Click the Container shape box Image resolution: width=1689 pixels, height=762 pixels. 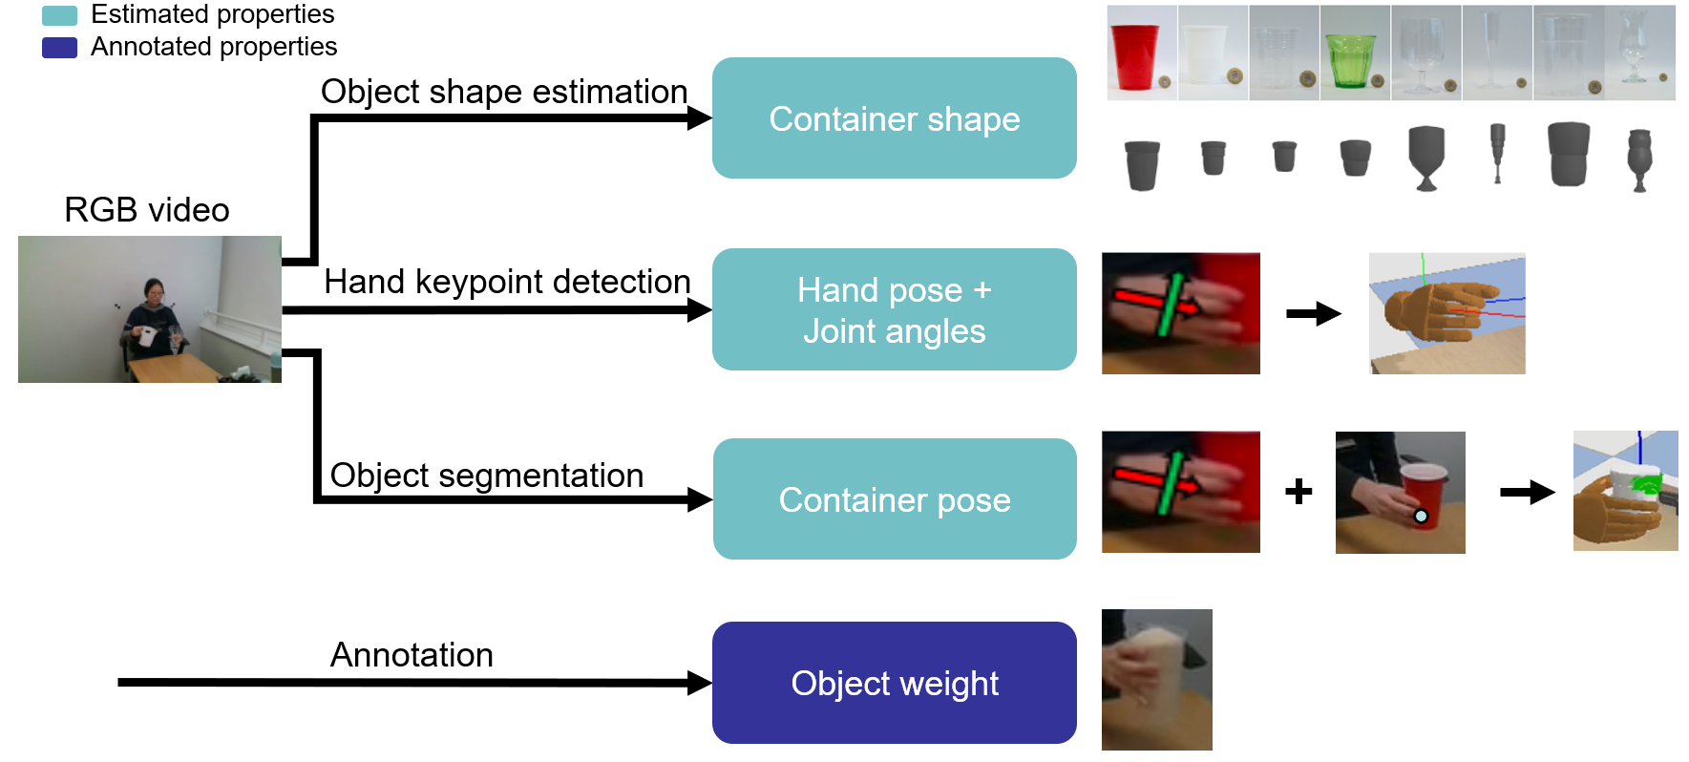[x=894, y=118]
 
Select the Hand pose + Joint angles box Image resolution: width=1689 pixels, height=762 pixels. [x=894, y=309]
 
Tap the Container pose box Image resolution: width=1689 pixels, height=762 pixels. [x=894, y=499]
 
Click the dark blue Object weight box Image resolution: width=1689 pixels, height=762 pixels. [x=894, y=683]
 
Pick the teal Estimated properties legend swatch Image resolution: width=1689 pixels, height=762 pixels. [x=59, y=15]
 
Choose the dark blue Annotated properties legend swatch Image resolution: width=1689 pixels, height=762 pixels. [x=59, y=48]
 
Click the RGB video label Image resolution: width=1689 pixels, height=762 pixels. [x=147, y=210]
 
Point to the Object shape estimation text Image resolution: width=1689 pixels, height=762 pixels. [x=504, y=92]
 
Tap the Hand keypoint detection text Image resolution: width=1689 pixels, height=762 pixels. [x=507, y=282]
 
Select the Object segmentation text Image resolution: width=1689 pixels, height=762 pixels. [x=486, y=476]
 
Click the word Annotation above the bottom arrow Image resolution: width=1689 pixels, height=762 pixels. [x=412, y=655]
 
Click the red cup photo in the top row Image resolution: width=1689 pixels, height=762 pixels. [x=1141, y=53]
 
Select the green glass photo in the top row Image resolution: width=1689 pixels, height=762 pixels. [x=1354, y=53]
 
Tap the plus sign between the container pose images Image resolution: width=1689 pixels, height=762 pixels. [x=1298, y=492]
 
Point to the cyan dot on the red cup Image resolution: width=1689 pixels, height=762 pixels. [x=1421, y=517]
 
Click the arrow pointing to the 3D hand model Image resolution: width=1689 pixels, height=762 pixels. [x=1314, y=313]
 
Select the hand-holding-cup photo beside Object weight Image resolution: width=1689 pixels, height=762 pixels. [x=1156, y=680]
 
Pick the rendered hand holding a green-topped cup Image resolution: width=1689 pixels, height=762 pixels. [x=1625, y=491]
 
